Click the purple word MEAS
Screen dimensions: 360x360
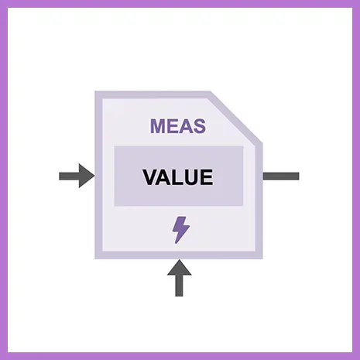[178, 126]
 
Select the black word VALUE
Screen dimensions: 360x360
[178, 177]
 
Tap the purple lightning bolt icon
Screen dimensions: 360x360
[181, 230]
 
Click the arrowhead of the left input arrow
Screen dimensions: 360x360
[87, 176]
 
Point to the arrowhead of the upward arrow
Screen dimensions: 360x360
[180, 267]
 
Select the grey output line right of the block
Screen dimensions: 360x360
[281, 176]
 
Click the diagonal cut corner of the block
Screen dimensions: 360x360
[237, 117]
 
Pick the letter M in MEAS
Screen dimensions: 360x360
[158, 126]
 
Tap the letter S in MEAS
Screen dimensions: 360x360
[199, 126]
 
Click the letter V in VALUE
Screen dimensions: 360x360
[150, 177]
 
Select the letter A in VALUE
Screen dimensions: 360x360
[163, 177]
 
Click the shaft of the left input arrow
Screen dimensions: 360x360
[69, 176]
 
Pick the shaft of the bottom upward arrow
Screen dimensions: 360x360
[179, 286]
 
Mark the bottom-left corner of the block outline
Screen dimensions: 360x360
[95, 259]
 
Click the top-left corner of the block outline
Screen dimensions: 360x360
[95, 91]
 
